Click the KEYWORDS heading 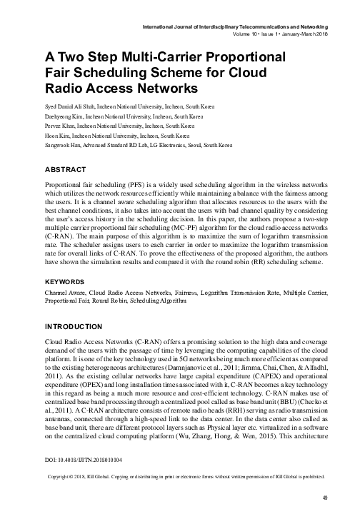click(x=67, y=282)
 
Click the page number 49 click(x=324, y=498)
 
